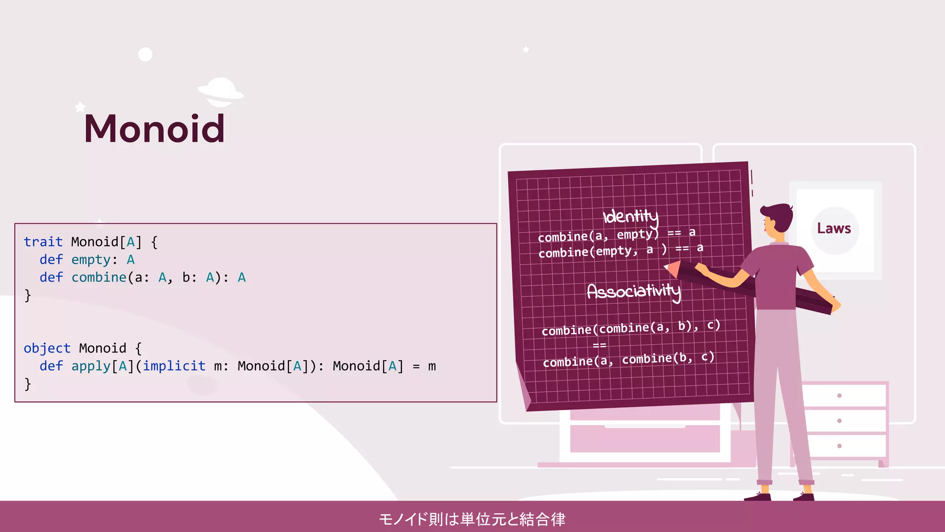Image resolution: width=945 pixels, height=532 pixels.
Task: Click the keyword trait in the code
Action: pos(43,242)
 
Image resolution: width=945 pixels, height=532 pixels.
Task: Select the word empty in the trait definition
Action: pos(91,260)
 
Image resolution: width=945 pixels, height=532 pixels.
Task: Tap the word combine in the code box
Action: pos(99,277)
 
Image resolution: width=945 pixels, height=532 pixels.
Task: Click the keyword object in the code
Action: pos(47,348)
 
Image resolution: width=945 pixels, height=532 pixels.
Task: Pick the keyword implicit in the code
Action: pos(174,366)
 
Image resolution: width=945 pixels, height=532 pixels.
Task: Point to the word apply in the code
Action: pos(91,366)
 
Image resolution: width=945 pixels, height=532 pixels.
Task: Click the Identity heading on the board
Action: pos(631,216)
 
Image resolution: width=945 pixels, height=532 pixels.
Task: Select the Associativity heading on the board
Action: pos(634,291)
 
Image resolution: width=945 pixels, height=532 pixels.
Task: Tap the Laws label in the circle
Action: pos(834,229)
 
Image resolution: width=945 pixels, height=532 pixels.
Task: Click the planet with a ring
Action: pos(221,91)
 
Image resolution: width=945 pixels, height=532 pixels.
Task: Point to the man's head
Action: pos(778,219)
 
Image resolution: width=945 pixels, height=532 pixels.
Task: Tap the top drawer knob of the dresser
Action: pos(839,396)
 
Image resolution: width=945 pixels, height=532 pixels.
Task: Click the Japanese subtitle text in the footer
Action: pos(472,519)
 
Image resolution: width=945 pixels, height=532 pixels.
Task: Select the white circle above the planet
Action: pos(145,54)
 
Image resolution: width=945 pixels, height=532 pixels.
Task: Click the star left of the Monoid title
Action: pos(80,107)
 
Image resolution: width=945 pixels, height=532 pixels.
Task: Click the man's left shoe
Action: pos(757,496)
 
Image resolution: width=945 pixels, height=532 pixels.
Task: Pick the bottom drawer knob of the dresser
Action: pos(839,446)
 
